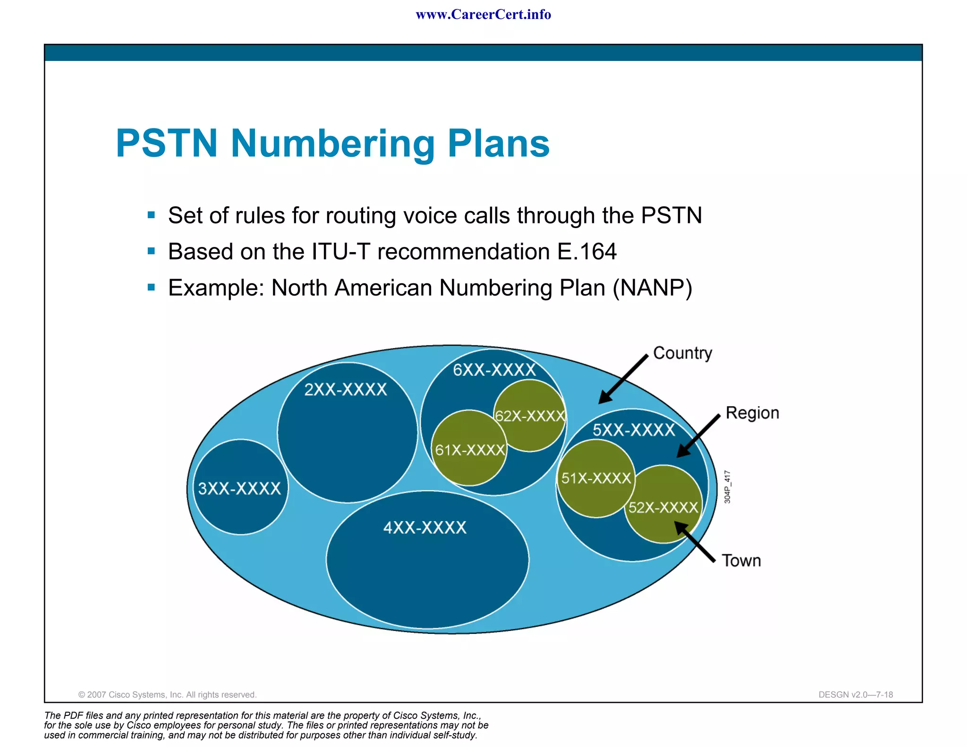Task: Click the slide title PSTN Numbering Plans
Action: [332, 143]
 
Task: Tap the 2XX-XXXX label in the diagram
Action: [346, 390]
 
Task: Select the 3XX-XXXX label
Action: [239, 488]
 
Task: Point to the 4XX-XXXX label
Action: [425, 527]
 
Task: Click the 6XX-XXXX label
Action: [494, 370]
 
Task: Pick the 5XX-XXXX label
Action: [634, 430]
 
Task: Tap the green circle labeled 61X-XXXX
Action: [469, 449]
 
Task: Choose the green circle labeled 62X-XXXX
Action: [530, 415]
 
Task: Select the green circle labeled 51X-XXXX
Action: [596, 478]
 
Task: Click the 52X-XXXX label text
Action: [663, 507]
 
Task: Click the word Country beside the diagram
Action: [682, 353]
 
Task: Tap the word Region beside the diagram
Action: [752, 413]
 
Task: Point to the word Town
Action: [741, 560]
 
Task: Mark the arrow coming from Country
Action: [623, 379]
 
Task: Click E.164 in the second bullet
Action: [586, 251]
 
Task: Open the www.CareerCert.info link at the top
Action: [483, 15]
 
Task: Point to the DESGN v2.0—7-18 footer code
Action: [856, 695]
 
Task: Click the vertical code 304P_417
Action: [727, 487]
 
